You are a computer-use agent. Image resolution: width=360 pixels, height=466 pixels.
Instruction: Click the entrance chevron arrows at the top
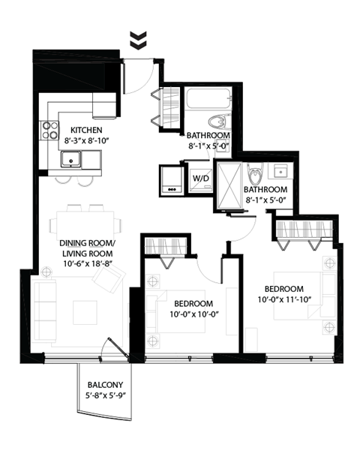pyautogui.click(x=136, y=41)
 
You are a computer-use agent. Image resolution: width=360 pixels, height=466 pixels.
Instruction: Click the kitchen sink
pyautogui.click(x=72, y=159)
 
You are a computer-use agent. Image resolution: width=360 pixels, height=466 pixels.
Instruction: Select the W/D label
pyautogui.click(x=200, y=178)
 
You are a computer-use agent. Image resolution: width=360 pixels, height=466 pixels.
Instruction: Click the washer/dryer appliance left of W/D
pyautogui.click(x=172, y=179)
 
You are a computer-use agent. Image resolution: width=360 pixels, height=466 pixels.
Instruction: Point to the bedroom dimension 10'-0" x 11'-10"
pyautogui.click(x=283, y=300)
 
